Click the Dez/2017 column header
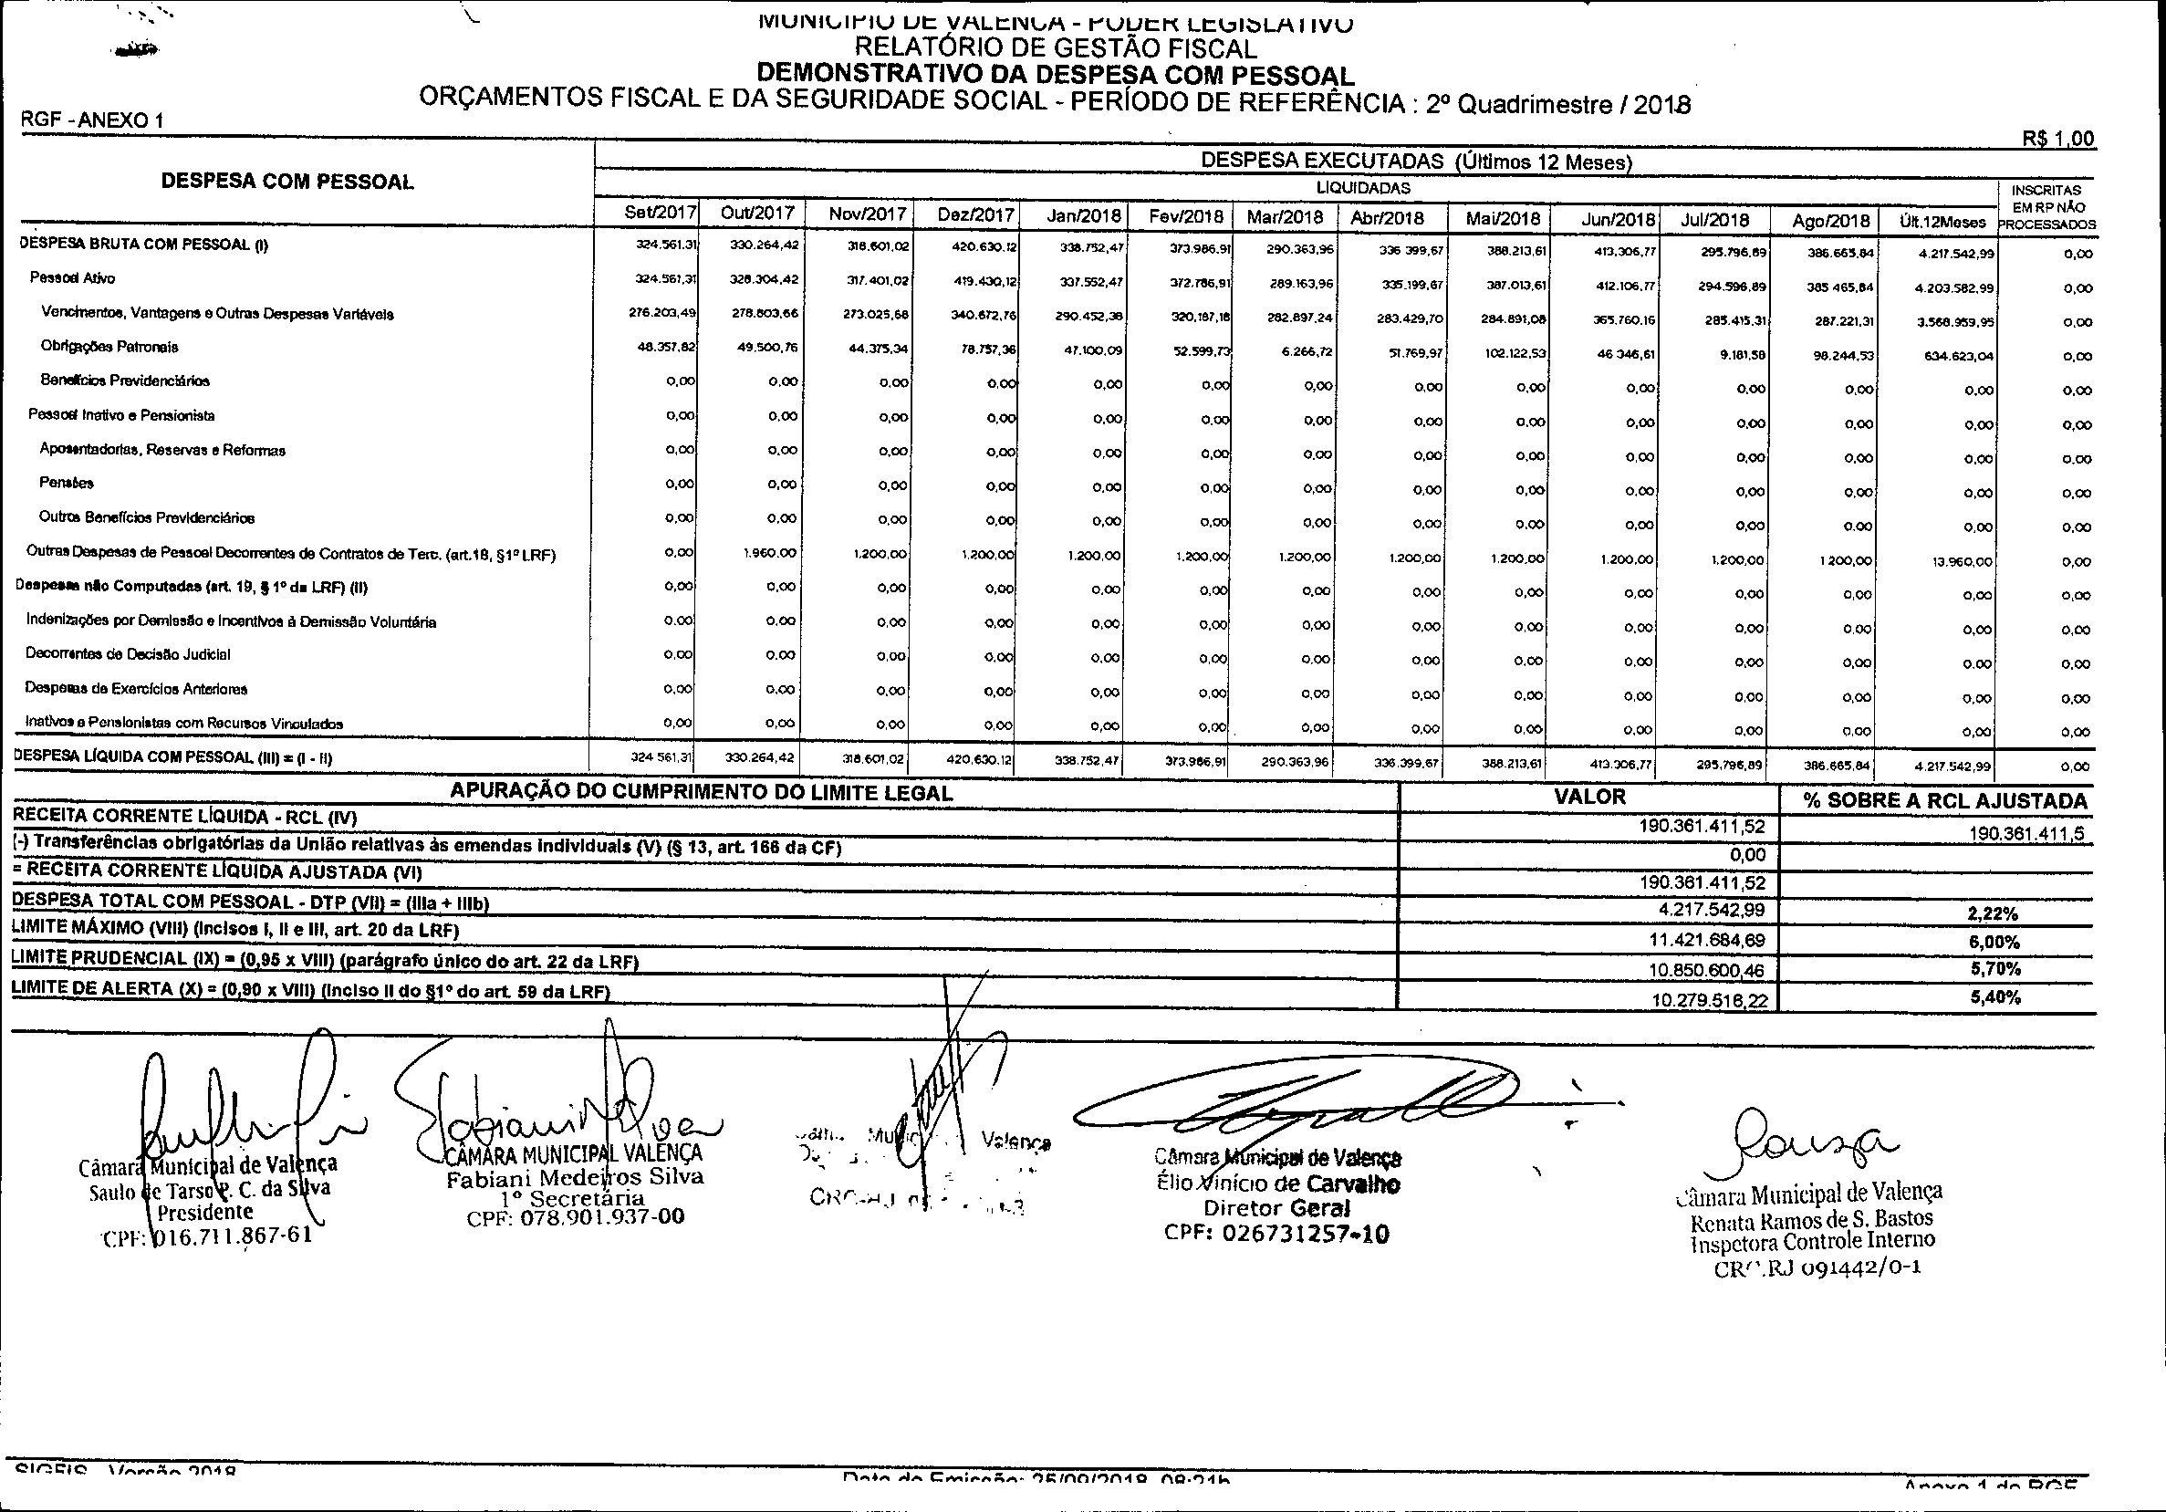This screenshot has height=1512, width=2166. tap(975, 215)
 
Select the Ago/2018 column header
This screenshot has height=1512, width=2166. tap(1830, 221)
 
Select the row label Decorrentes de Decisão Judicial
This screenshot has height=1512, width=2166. tap(129, 654)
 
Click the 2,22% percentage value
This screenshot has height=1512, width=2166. tap(1994, 913)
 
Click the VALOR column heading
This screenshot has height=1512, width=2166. tap(1589, 797)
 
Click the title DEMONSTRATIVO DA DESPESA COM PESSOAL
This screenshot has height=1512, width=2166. tap(1055, 75)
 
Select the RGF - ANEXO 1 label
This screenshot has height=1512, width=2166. tap(91, 120)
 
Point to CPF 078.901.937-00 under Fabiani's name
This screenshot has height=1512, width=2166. tap(576, 1216)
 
